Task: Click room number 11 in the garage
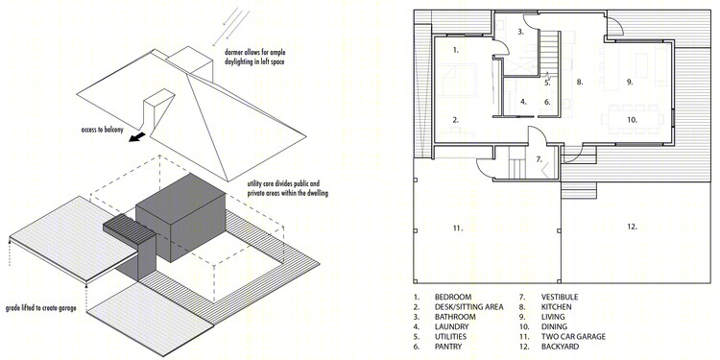(x=457, y=228)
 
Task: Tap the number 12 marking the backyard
(x=633, y=227)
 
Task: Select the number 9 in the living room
(x=630, y=83)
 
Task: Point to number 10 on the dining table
(x=633, y=120)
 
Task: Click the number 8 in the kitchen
(x=580, y=83)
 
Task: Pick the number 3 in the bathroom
(x=520, y=32)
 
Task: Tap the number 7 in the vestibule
(x=540, y=160)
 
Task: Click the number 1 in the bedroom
(x=455, y=50)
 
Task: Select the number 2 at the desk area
(x=455, y=120)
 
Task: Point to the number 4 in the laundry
(x=523, y=102)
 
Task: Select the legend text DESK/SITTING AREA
(x=469, y=307)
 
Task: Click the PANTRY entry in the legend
(x=448, y=347)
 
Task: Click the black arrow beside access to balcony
(x=137, y=137)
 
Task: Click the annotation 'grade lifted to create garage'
(x=41, y=308)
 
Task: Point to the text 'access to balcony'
(x=102, y=130)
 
